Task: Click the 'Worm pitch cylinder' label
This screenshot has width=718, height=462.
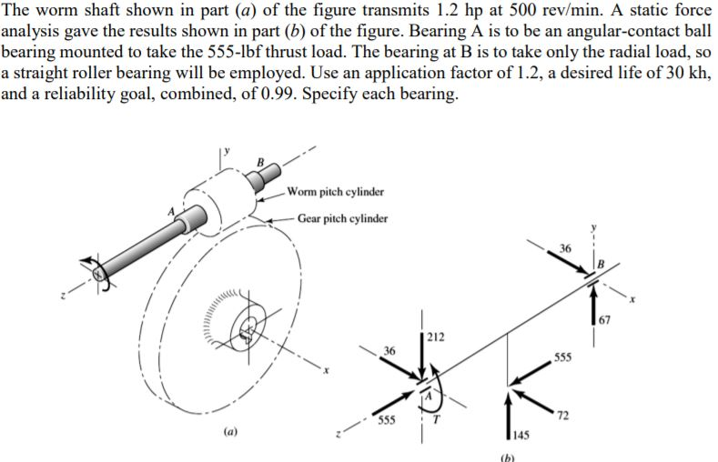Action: tap(334, 192)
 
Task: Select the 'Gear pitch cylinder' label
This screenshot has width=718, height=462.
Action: tap(341, 219)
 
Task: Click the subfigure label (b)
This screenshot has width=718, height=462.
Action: tap(506, 457)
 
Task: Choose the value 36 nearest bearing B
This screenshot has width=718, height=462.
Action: tap(565, 247)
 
